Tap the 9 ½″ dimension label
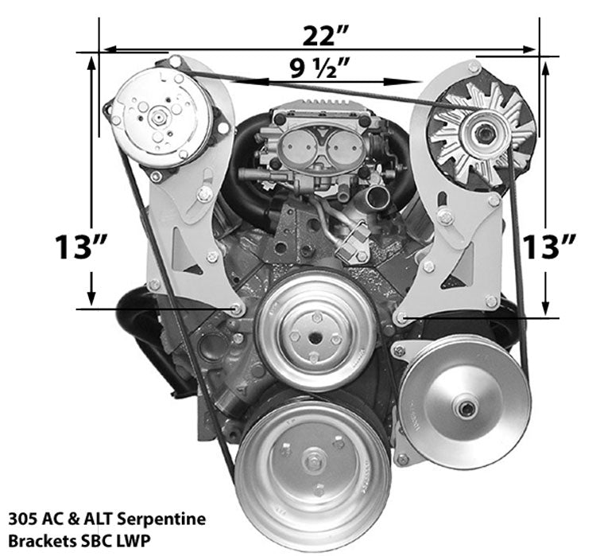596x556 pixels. [321, 70]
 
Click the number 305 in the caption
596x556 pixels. [21, 519]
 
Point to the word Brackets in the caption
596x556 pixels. [37, 540]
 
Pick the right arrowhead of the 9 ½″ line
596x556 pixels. [414, 81]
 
